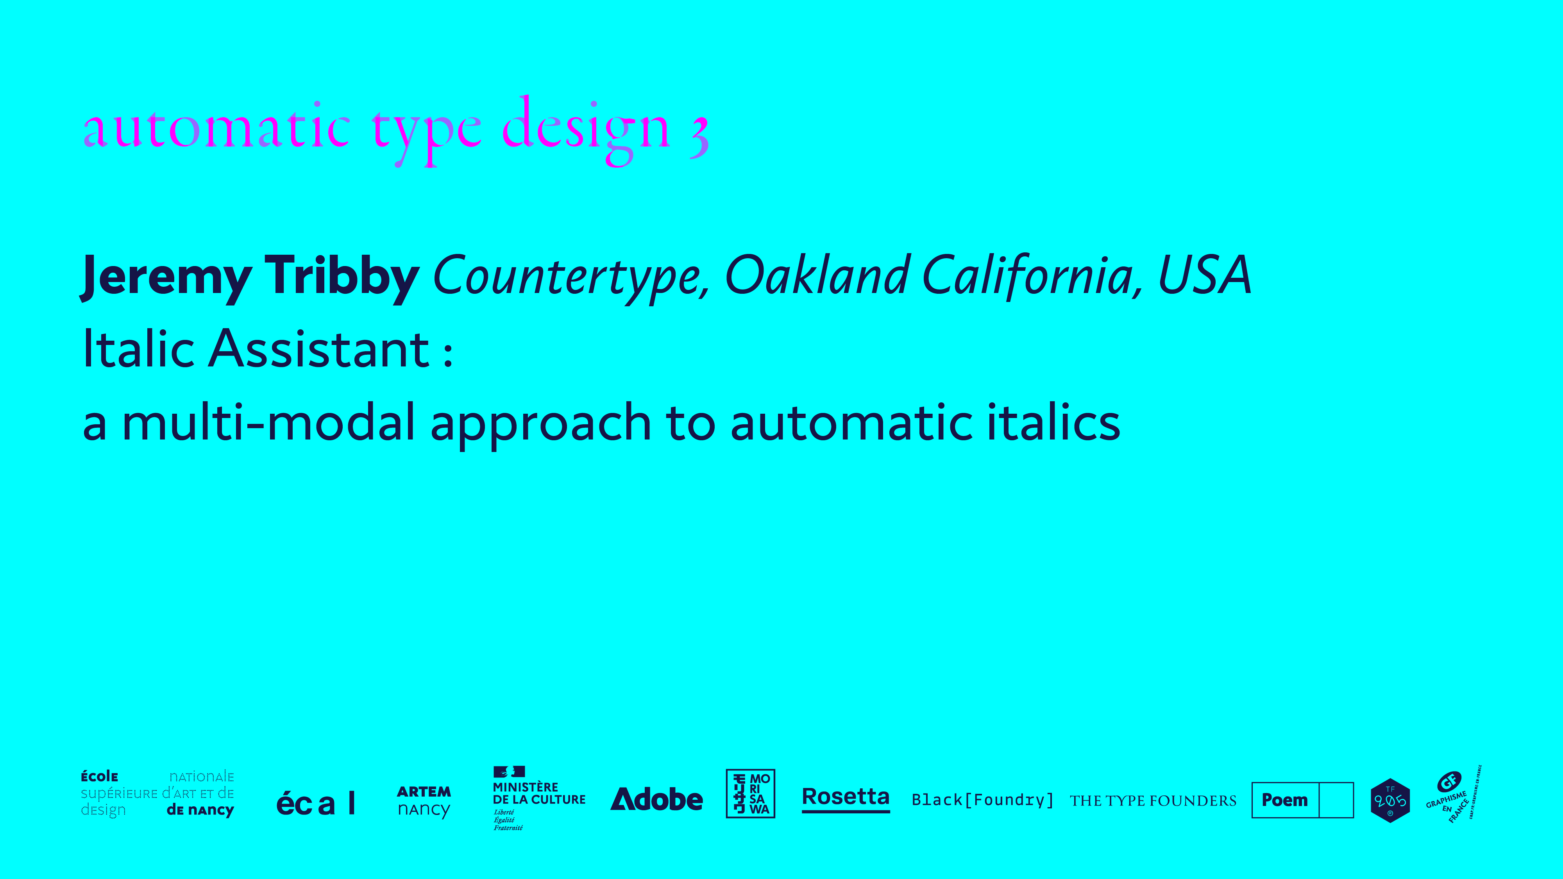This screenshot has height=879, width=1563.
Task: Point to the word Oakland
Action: pyautogui.click(x=817, y=274)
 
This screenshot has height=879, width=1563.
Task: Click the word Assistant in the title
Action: pyautogui.click(x=319, y=349)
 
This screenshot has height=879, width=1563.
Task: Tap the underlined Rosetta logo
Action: pyautogui.click(x=846, y=798)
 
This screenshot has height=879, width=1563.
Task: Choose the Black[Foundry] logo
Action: pyautogui.click(x=982, y=800)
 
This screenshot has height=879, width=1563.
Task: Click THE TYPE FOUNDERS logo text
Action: pyautogui.click(x=1153, y=801)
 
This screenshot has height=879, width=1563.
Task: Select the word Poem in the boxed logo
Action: pyautogui.click(x=1284, y=800)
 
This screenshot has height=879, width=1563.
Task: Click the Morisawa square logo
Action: pyautogui.click(x=751, y=793)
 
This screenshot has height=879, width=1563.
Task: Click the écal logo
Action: pyautogui.click(x=315, y=803)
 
